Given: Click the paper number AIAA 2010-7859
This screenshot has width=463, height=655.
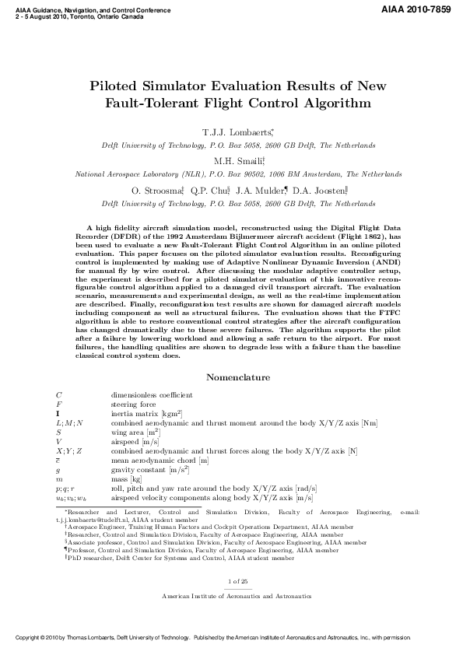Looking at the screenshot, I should click(x=417, y=9).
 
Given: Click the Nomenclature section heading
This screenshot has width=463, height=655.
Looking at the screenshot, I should click(x=237, y=378).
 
